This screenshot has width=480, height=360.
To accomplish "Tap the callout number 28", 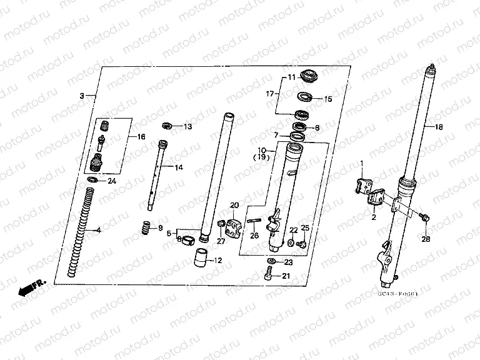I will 426,239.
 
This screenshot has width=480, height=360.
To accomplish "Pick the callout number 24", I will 112,181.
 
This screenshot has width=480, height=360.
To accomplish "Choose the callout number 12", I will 218,260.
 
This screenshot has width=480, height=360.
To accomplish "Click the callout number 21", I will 286,277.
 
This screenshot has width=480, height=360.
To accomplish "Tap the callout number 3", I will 82,96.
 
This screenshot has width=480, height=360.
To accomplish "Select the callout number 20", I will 234,206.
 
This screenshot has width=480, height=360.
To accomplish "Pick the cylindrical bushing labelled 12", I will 200,256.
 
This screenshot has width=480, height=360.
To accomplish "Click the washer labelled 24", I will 93,181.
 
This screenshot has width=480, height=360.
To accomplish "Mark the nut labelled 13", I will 167,126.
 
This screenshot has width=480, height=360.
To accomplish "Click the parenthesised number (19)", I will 262,159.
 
